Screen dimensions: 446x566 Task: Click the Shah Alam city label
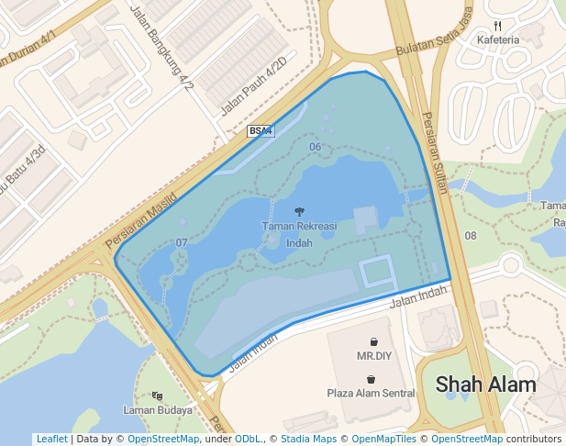click(x=485, y=384)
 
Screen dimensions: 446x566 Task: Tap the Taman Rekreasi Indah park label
click(x=299, y=234)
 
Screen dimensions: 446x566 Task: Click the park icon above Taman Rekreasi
click(x=299, y=211)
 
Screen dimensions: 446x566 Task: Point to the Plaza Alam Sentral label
click(x=371, y=393)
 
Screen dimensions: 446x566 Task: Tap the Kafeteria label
click(x=498, y=39)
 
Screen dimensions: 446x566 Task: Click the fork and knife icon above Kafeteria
click(x=497, y=26)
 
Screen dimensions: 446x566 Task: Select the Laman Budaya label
click(x=158, y=410)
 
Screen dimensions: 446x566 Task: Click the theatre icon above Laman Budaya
click(x=157, y=396)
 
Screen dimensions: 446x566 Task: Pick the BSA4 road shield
click(x=261, y=132)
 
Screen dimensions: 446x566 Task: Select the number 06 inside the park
click(x=315, y=147)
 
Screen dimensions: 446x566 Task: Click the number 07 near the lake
click(x=182, y=242)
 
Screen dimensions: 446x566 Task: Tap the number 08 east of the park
click(x=471, y=236)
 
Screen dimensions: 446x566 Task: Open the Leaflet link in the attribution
click(x=51, y=440)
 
